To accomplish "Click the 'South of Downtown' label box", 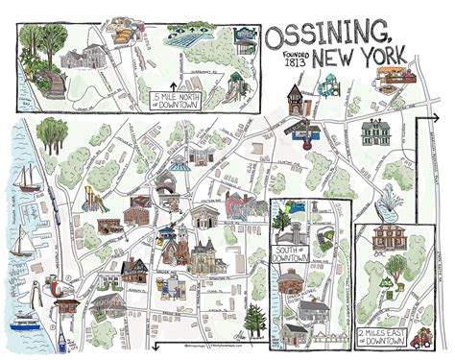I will [291, 254].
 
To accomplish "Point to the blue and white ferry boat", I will [24, 323].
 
